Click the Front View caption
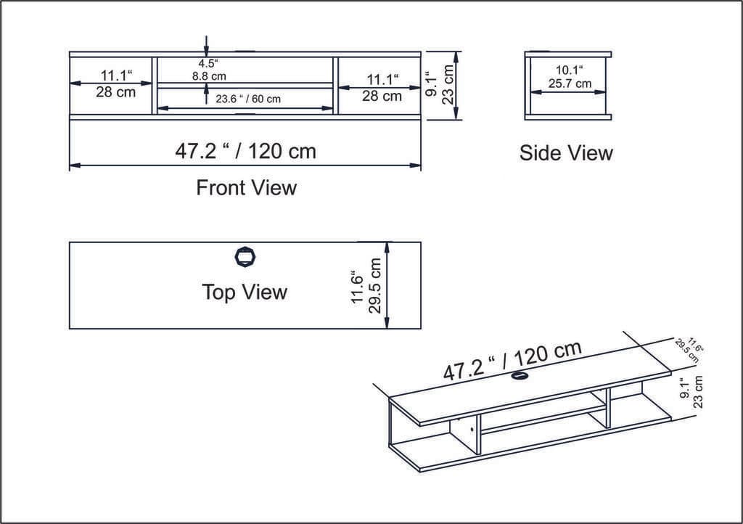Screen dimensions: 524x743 pos(246,188)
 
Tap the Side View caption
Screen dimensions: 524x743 pos(566,153)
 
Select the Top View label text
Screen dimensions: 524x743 pos(245,292)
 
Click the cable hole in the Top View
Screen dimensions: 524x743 pos(246,257)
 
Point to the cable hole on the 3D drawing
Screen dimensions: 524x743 pos(520,375)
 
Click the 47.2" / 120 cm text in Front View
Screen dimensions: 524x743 pos(246,151)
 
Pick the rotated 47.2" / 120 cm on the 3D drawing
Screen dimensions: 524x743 pos(512,360)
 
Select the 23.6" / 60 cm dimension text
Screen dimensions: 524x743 pos(247,99)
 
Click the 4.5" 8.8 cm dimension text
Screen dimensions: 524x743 pos(209,69)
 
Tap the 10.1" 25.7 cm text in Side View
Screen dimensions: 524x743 pos(570,77)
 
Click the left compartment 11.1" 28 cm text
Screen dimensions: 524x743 pos(116,83)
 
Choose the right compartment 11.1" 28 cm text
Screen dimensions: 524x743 pos(382,87)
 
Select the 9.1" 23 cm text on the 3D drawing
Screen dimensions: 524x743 pos(691,391)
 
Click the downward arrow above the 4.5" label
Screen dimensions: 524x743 pos(207,45)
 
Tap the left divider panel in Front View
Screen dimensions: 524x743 pos(155,86)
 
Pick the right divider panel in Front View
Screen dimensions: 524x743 pos(335,86)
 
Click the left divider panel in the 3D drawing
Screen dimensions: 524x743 pos(465,435)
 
